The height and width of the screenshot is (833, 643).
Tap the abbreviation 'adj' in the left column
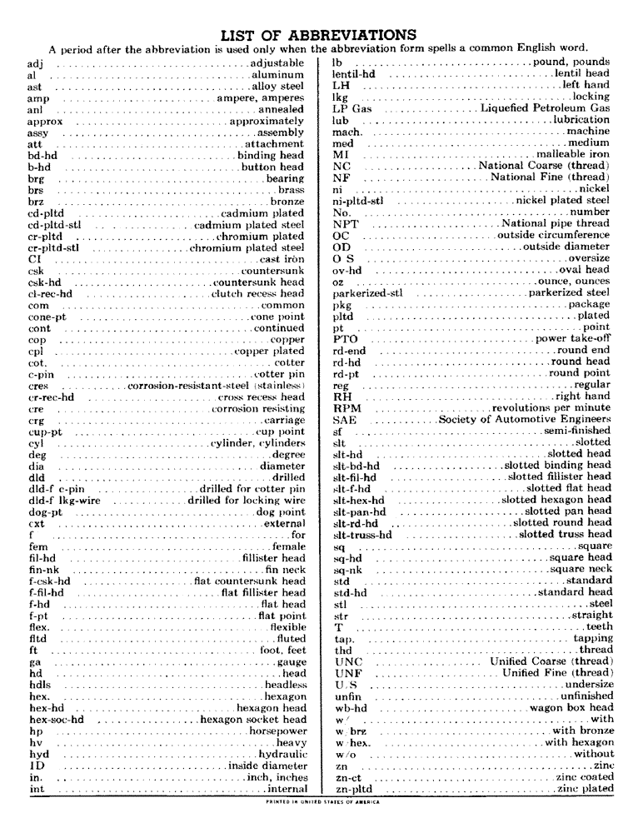click(36, 62)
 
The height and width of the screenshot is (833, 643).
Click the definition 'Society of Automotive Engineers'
click(525, 420)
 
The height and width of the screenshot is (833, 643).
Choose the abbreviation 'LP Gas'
click(351, 108)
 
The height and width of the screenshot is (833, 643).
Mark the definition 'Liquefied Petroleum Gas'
click(545, 108)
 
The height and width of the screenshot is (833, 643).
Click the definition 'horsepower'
click(277, 731)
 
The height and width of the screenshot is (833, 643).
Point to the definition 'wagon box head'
click(570, 707)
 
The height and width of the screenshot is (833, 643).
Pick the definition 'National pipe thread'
click(556, 223)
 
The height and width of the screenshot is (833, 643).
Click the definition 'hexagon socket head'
click(252, 719)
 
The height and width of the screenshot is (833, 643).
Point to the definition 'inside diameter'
click(266, 765)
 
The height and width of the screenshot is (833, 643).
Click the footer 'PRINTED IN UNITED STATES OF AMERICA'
click(321, 802)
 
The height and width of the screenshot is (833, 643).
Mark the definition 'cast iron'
click(282, 258)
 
